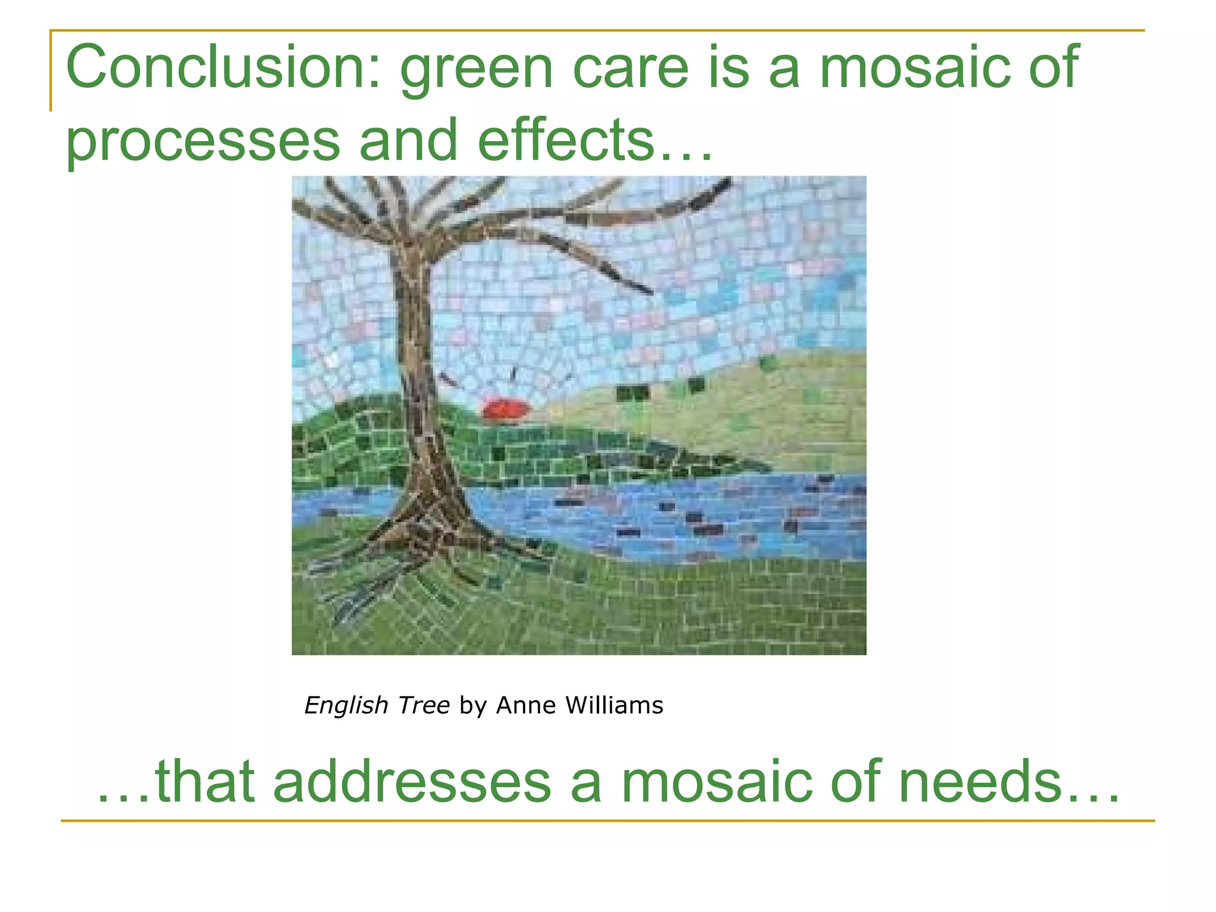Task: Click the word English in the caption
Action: coord(347,705)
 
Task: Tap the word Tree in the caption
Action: coord(424,705)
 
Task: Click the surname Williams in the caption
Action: coord(614,705)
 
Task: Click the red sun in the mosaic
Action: coord(505,410)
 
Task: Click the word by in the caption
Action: coord(473,705)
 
